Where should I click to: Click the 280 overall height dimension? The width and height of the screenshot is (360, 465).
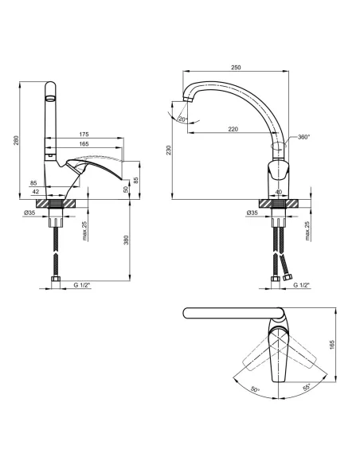(x=16, y=140)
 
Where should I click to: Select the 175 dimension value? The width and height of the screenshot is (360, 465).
(x=84, y=135)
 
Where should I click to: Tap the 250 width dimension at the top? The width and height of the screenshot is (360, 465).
(x=236, y=68)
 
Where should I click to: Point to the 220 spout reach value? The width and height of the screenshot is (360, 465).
(x=233, y=129)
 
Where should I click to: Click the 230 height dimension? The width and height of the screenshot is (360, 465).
(x=169, y=150)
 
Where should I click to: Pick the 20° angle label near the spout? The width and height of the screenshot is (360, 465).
(x=183, y=119)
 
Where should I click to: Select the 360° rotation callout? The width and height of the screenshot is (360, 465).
(x=303, y=137)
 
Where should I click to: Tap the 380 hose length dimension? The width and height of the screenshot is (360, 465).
(x=127, y=240)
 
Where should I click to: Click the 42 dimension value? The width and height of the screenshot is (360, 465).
(x=36, y=192)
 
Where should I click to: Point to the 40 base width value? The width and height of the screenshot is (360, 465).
(x=279, y=192)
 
